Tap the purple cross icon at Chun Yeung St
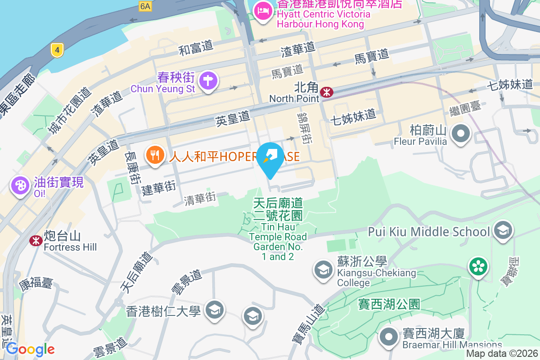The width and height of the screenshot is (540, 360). pos(208,81)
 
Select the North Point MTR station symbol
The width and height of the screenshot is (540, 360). pos(326,93)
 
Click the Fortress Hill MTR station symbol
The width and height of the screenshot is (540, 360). pos(36,241)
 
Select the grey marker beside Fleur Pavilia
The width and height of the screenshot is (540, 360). pos(461,134)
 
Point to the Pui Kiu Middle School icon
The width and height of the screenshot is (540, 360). pos(503,230)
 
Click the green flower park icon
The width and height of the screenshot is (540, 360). pos(478,266)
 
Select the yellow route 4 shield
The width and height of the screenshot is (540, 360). pos(56,49)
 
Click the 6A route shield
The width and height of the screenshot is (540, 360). pos(145,6)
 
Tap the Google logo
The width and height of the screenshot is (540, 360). pos(30,349)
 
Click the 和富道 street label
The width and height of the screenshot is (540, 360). pos(196,48)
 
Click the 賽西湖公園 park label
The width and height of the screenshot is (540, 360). pos(389,304)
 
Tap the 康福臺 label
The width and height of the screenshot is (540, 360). pos(36,283)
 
